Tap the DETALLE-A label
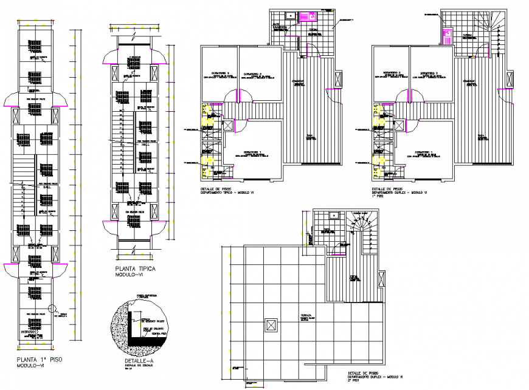[x=133, y=361]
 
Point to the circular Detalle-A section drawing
[x=141, y=322]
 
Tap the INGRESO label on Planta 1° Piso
[x=28, y=332]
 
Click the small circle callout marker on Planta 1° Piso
[x=52, y=308]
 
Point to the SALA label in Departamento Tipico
[x=311, y=137]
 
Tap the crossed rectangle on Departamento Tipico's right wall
[x=339, y=79]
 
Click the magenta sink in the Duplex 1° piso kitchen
[x=447, y=36]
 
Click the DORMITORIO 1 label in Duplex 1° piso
[x=423, y=151]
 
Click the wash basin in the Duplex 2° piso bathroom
[x=334, y=215]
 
